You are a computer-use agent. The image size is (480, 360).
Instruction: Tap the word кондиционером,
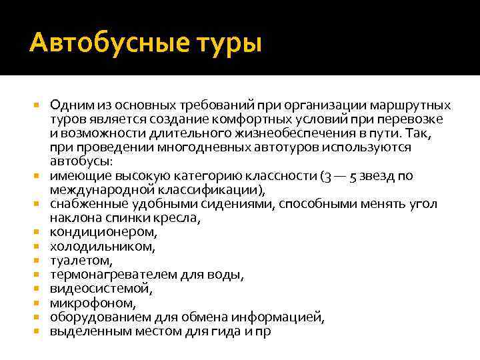[x=103, y=232]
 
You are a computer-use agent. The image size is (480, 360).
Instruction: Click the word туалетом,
[x=81, y=260]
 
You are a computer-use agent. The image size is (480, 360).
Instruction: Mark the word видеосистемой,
[x=101, y=289]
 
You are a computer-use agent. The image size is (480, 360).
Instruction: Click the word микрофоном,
[x=89, y=303]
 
